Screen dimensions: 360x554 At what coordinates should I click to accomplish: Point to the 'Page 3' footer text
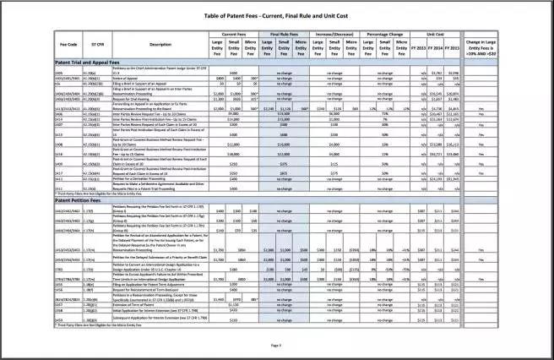[x=276, y=345]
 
